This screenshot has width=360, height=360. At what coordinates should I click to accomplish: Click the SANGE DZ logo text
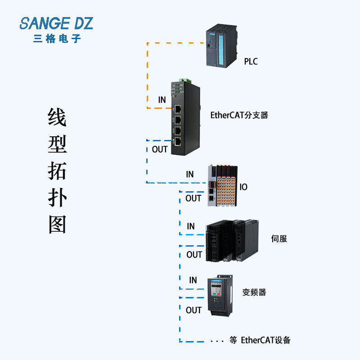[56, 23]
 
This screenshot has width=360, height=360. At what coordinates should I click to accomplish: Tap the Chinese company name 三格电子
[57, 39]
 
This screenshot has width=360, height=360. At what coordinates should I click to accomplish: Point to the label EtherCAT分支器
[239, 115]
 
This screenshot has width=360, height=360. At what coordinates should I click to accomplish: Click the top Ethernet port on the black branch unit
[178, 109]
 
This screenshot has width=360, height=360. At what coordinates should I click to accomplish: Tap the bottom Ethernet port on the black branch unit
[178, 141]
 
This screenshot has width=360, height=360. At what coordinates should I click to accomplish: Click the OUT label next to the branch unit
[160, 149]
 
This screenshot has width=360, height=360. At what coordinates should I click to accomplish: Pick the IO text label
[243, 187]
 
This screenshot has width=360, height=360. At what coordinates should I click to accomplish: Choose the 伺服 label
[279, 238]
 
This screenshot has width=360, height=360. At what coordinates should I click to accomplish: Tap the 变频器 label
[254, 292]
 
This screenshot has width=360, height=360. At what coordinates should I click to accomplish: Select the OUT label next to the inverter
[193, 310]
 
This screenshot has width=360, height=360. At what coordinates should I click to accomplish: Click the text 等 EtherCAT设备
[260, 340]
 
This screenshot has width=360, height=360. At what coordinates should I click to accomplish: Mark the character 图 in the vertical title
[58, 224]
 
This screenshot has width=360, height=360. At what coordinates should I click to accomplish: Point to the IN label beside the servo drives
[191, 226]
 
